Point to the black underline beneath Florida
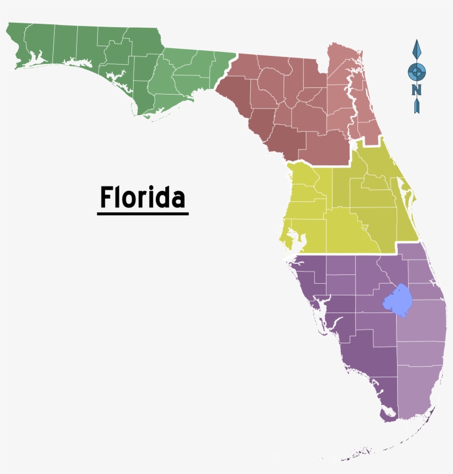[143, 213]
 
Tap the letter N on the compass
[417, 90]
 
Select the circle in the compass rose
[417, 71]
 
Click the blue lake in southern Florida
[398, 301]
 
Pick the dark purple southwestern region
[354, 332]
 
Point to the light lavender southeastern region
[423, 354]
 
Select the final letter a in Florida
[178, 199]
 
